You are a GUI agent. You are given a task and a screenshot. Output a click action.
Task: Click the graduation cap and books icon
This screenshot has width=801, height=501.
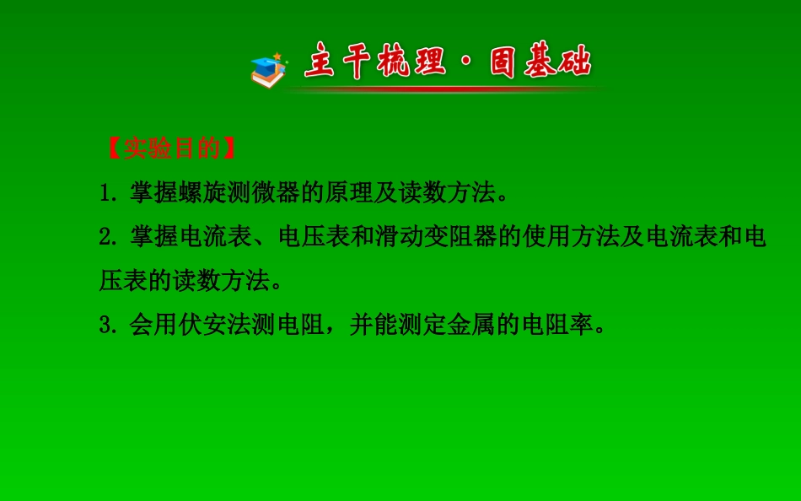(x=269, y=70)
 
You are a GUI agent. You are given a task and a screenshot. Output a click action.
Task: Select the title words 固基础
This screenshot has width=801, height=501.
(x=540, y=63)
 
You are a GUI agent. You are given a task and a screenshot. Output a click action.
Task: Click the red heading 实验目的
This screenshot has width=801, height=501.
(x=172, y=148)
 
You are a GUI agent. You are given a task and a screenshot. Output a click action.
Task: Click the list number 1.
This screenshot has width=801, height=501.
(x=106, y=193)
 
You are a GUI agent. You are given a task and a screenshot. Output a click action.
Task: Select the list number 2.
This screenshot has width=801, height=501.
(x=106, y=238)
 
